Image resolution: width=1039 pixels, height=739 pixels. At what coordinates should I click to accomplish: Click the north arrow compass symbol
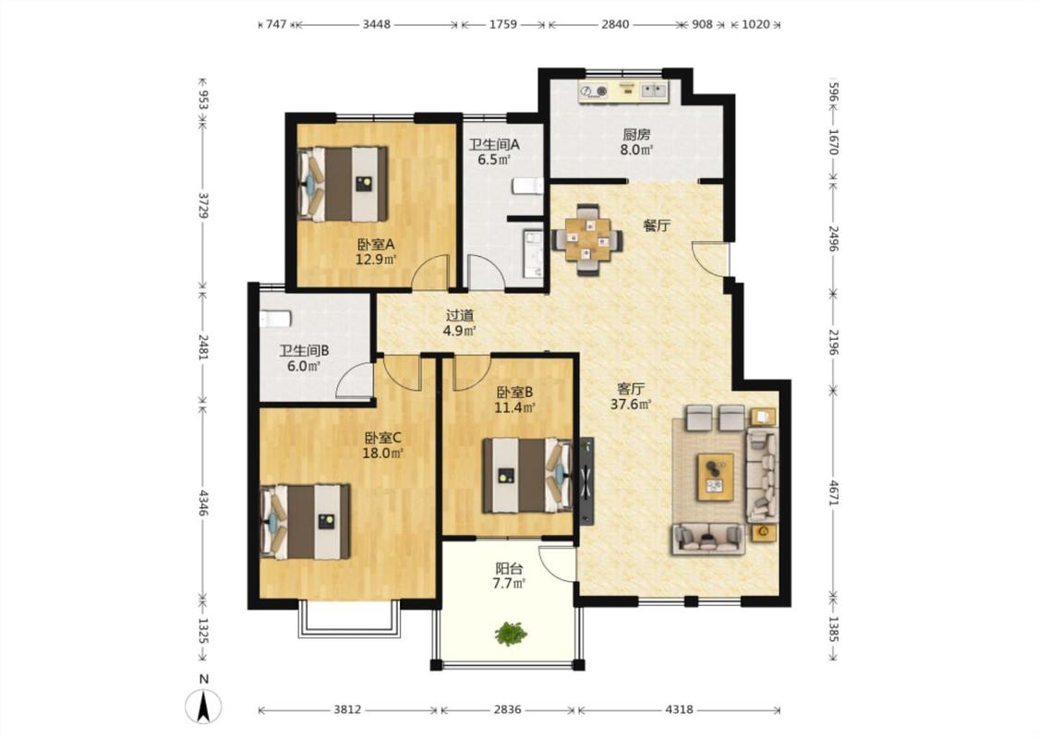(203, 706)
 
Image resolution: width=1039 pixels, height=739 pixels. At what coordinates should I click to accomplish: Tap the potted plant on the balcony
(511, 634)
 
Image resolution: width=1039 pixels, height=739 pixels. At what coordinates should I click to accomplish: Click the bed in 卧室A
(343, 184)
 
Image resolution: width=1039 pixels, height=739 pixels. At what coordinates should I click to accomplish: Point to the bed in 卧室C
(306, 522)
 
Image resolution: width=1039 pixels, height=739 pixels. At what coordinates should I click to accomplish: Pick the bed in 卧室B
(527, 475)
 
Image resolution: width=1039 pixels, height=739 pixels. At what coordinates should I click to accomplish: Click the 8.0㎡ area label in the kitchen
(636, 150)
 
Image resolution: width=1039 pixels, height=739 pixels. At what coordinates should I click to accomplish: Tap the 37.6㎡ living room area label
(631, 404)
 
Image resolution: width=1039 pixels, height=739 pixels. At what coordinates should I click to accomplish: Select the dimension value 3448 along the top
(377, 25)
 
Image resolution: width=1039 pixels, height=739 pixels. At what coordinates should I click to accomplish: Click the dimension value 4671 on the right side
(834, 492)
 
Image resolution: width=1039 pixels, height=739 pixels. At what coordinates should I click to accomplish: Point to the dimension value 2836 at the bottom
(508, 709)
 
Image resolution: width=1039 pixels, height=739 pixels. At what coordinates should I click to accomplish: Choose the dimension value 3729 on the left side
(203, 205)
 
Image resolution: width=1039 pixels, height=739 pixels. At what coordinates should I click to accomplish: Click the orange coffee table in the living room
(715, 478)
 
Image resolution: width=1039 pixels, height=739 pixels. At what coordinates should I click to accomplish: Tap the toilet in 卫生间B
(275, 319)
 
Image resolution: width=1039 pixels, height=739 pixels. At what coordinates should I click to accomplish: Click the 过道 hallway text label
(459, 316)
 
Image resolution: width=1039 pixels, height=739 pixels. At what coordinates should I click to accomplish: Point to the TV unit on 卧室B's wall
(586, 481)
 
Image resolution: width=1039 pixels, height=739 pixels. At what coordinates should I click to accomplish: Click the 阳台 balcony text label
(510, 569)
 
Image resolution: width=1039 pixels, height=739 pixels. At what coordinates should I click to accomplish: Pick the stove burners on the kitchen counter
(594, 91)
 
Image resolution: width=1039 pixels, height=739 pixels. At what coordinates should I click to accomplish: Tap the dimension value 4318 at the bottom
(679, 709)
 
